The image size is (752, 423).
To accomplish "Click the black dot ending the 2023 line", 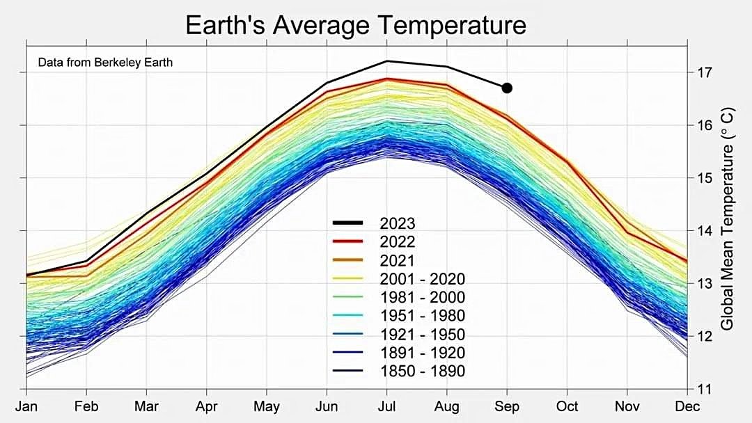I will pos(507,88).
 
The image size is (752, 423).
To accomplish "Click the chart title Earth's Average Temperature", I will pos(355,26).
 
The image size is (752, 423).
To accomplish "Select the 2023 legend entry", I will pos(397,223).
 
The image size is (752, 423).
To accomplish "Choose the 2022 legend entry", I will pos(397,242).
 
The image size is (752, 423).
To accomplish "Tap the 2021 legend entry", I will pos(397,261).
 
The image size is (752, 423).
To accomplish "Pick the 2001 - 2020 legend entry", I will pos(422,279).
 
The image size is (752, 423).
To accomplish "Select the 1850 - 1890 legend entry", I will pos(422,372).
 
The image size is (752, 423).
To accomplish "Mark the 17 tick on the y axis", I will pos(701,72).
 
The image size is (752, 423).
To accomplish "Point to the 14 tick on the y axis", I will pos(701,230).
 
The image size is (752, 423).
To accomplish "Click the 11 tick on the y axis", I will pos(701,389).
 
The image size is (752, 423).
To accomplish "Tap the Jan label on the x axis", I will pos(26,406).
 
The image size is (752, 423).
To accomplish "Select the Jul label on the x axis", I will pos(386,406).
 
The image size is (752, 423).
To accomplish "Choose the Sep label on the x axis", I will pos(507,406).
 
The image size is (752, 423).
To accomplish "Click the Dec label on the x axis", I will pos(687,406).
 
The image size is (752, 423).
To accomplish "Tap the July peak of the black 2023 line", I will pos(386,61).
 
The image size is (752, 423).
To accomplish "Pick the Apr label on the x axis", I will pos(206,406).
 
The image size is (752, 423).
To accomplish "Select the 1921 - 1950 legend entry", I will pos(422,335).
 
